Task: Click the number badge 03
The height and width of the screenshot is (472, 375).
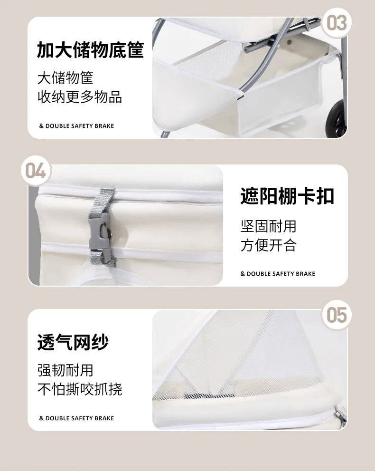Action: pyautogui.click(x=337, y=23)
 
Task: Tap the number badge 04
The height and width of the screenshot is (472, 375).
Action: pyautogui.click(x=36, y=171)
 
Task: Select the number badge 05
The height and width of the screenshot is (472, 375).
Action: pyautogui.click(x=337, y=315)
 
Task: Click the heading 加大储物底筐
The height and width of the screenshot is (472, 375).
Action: pyautogui.click(x=90, y=49)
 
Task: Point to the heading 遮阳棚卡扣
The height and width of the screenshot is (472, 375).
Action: pyautogui.click(x=287, y=196)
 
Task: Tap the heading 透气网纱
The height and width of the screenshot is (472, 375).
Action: pyautogui.click(x=73, y=342)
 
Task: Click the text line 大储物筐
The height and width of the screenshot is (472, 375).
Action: pyautogui.click(x=65, y=78)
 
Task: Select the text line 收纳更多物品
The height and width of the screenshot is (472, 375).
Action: pyautogui.click(x=80, y=97)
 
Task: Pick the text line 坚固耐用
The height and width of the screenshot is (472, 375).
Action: pyautogui.click(x=268, y=226)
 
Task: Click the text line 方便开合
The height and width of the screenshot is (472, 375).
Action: pyautogui.click(x=268, y=245)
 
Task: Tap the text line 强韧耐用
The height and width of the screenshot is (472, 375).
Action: pyautogui.click(x=65, y=370)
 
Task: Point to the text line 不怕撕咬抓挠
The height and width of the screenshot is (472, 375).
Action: pyautogui.click(x=80, y=389)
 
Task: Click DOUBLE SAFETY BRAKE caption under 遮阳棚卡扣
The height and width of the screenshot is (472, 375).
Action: pyautogui.click(x=278, y=274)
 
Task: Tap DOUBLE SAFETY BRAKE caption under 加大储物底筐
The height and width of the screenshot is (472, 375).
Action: pyautogui.click(x=77, y=126)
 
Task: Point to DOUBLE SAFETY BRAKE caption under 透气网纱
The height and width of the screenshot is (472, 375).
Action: pyautogui.click(x=77, y=418)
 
